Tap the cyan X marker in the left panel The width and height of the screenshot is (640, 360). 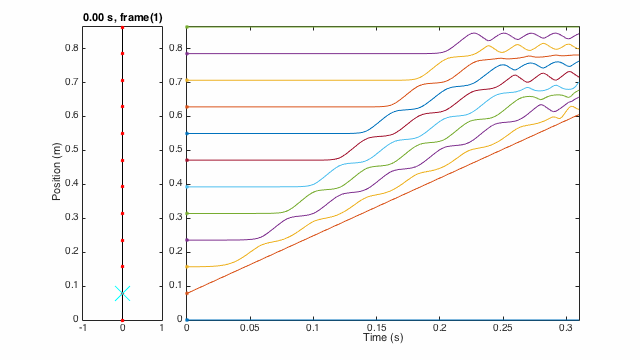click(x=122, y=293)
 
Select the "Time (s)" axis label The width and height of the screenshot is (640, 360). click(x=383, y=340)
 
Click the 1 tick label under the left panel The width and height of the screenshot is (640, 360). click(x=161, y=329)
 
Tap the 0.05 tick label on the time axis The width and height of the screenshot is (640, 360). click(x=250, y=329)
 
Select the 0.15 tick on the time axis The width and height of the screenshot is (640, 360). click(x=376, y=329)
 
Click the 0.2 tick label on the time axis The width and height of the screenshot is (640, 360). click(x=440, y=329)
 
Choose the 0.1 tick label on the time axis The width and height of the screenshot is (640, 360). click(x=313, y=329)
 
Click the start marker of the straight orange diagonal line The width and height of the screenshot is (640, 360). click(x=187, y=293)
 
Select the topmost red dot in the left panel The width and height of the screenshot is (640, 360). click(x=122, y=27)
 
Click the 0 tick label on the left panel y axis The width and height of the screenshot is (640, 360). click(x=77, y=320)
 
